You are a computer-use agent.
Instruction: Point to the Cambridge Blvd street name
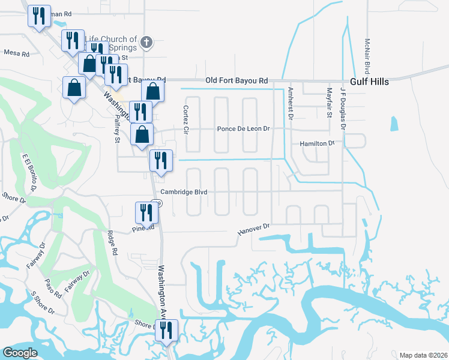184,192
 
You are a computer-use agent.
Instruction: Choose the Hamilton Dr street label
316,144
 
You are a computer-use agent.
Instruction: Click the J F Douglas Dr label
343,106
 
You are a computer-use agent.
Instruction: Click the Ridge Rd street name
111,243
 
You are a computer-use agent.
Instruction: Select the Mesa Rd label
16,53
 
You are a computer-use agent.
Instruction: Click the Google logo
20,352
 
